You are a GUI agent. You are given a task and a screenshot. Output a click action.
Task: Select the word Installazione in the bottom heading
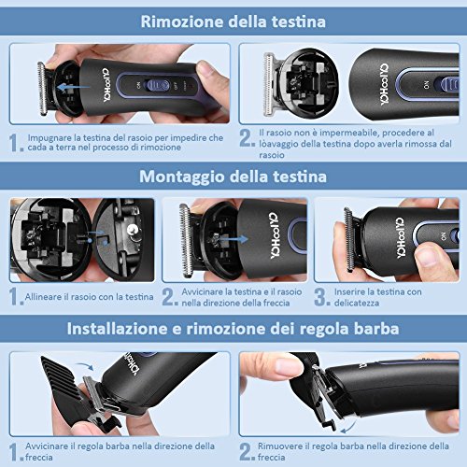pyautogui.click(x=117, y=329)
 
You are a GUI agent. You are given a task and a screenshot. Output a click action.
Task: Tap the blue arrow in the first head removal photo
pyautogui.click(x=74, y=88)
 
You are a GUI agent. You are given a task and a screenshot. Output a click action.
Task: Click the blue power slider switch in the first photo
pyautogui.click(x=158, y=85)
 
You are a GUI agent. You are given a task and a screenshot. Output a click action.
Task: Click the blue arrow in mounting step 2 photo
pyautogui.click(x=233, y=239)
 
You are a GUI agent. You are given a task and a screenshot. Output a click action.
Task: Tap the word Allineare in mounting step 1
pyautogui.click(x=43, y=296)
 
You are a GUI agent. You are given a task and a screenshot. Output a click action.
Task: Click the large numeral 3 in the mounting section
pyautogui.click(x=320, y=296)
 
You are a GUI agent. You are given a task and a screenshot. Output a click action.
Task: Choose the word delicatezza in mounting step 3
pyautogui.click(x=357, y=303)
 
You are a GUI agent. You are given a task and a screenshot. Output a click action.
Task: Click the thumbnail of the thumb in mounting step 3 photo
pyautogui.click(x=426, y=255)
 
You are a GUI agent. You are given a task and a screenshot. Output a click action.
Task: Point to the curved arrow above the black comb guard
pyautogui.click(x=85, y=366)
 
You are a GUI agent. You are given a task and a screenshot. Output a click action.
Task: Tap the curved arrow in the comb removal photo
pyautogui.click(x=349, y=427)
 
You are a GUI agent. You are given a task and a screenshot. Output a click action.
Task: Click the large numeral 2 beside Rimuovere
pyautogui.click(x=246, y=451)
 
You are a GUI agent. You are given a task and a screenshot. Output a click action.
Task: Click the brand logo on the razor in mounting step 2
pyautogui.click(x=275, y=235)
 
